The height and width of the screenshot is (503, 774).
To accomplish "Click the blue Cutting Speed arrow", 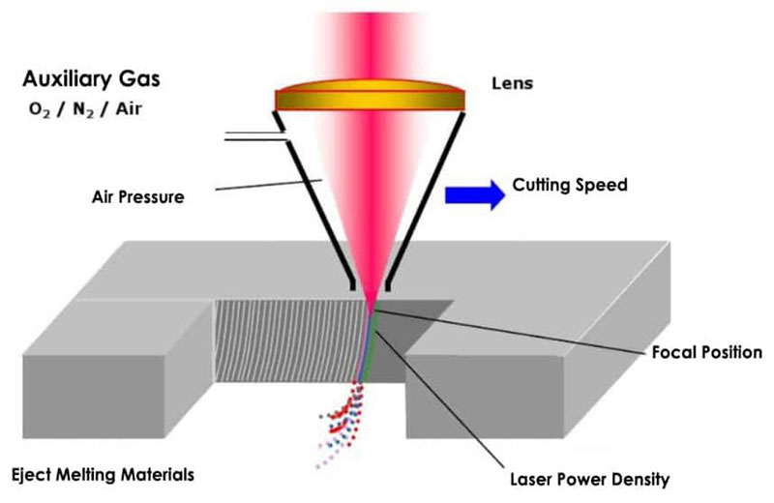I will tap(473, 193).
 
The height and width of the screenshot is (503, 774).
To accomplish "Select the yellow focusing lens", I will tap(372, 99).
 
